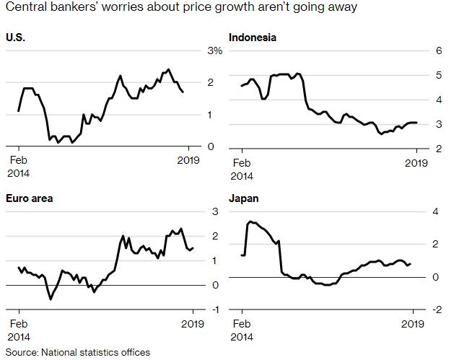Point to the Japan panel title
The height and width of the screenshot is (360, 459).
coord(243,198)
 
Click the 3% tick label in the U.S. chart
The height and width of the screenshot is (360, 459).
coord(215,51)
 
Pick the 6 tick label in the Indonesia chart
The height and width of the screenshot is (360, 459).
coord(437,51)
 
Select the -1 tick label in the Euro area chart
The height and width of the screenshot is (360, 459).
coord(214,309)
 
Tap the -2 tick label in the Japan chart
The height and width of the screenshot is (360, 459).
coord(437,309)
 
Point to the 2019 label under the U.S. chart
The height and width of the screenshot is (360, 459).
coord(188,161)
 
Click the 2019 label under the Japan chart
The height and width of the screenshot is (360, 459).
coord(413,324)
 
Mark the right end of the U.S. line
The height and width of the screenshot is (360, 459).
coord(183,92)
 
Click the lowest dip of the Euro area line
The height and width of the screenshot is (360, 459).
coord(51,299)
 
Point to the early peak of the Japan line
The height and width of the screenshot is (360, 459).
coord(250,221)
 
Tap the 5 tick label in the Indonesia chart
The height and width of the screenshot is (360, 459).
coord(437,75)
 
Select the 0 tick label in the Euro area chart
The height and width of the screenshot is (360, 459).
coord(216,285)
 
